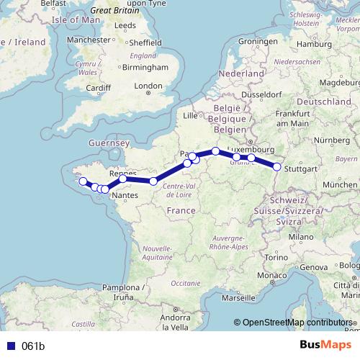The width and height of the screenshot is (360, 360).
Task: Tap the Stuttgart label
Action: (x=302, y=169)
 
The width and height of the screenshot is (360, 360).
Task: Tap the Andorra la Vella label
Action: (x=180, y=322)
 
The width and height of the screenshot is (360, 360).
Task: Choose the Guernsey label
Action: (x=107, y=144)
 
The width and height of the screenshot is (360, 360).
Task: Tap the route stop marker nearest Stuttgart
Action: (x=277, y=167)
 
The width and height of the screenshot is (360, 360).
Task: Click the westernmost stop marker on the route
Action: (x=83, y=181)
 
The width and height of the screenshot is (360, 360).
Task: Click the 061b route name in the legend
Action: (x=33, y=346)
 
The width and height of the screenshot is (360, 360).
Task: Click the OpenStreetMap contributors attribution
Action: (x=296, y=323)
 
